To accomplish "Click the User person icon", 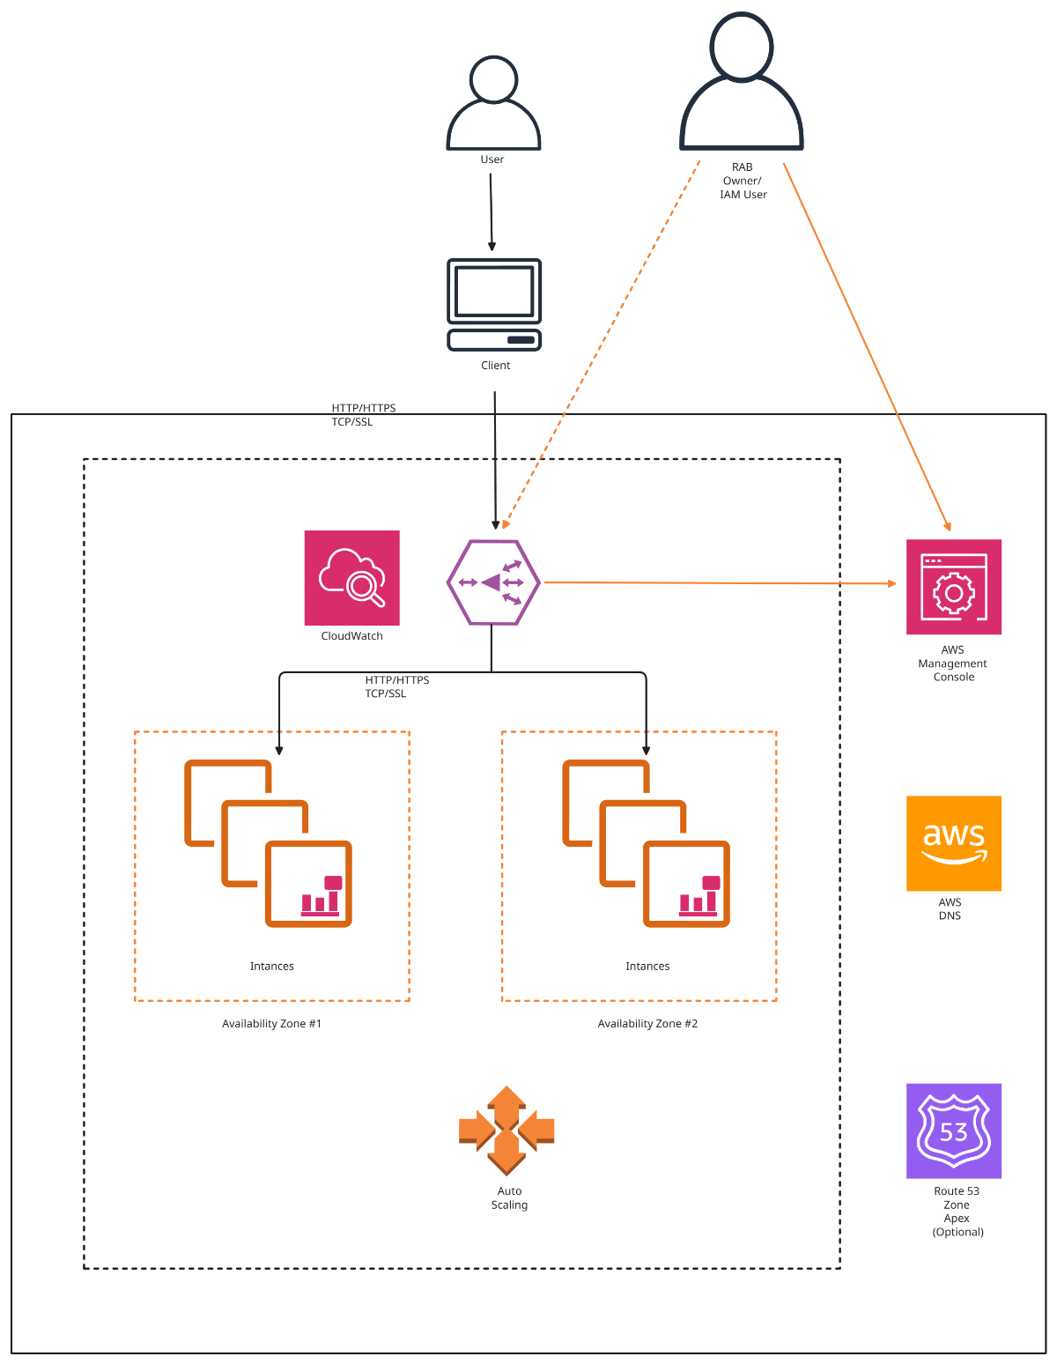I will coord(493,103).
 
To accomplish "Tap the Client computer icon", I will coord(494,304).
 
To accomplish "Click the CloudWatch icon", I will coord(351,578).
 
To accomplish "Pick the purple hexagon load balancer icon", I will coord(492,582).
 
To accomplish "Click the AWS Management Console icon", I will coord(953,587).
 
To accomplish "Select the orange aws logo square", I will coord(953,843).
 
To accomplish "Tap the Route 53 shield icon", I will coord(953,1130).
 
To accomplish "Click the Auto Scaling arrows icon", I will coord(506,1130).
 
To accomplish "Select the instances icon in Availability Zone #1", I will coord(269,843).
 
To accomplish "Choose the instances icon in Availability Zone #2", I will coord(647,843).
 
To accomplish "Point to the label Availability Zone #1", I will coord(271,1024).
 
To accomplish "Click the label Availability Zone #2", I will coord(647,1024).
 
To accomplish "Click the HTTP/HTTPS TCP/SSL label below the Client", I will coord(363,415).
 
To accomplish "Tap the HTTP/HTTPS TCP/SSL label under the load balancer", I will coord(396,686).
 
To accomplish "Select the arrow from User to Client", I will coord(492,211).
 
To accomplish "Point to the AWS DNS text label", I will coord(950,908).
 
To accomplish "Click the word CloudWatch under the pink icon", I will coord(351,636).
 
